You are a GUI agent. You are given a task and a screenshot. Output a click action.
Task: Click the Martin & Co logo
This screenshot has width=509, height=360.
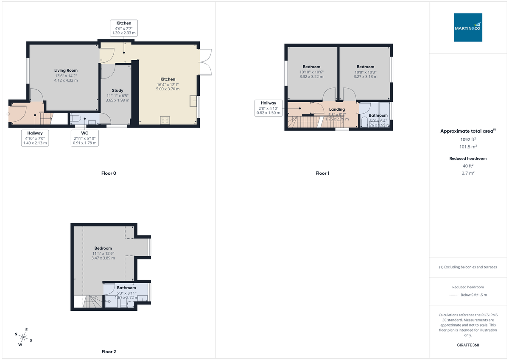point(468,27)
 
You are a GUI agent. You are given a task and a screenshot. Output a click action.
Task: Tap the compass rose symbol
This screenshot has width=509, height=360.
point(23,338)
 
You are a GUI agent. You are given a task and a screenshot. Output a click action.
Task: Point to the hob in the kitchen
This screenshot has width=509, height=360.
point(165,120)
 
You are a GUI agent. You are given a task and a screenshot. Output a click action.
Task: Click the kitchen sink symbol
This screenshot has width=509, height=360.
point(193,101)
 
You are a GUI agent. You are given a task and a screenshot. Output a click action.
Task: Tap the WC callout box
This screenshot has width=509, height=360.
point(84,138)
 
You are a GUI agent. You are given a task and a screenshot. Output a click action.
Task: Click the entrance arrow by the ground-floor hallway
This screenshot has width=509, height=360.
point(8,114)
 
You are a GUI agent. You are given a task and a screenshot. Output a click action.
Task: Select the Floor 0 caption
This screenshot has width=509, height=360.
point(109,173)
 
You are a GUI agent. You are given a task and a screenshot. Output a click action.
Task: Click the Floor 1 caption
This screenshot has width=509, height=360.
point(322,173)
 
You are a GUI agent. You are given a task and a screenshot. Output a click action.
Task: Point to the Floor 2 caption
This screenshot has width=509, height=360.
point(109,352)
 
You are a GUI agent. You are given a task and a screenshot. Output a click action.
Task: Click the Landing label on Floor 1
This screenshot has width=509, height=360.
point(337,109)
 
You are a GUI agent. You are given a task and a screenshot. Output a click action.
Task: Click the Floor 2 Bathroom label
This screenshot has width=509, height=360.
point(126,288)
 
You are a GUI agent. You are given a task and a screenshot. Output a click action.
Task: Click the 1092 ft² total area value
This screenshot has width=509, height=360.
point(468,140)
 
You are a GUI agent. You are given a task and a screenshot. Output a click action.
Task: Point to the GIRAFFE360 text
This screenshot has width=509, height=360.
point(468,345)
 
